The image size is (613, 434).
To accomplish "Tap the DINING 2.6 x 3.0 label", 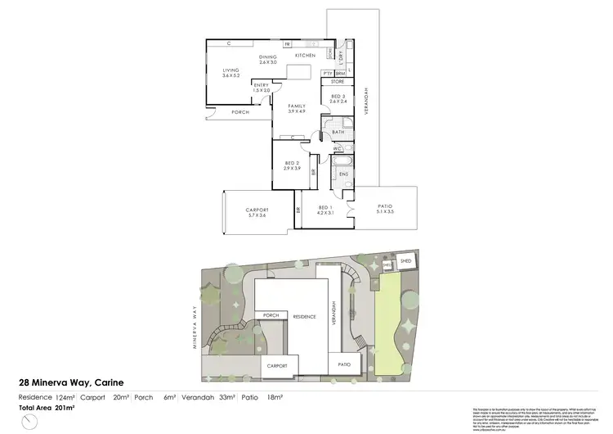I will coord(269,59).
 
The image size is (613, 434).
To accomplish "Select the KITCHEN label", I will coord(305,55).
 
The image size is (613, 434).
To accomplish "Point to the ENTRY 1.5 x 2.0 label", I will coord(262,88).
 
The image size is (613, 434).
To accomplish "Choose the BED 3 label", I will coord(338,99).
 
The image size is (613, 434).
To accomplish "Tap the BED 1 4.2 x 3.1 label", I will coord(326,210).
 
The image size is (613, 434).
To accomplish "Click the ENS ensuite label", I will coord(344,174).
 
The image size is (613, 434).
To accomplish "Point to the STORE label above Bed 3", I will coord(338,83).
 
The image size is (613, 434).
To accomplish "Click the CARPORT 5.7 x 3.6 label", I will coord(257,213).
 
